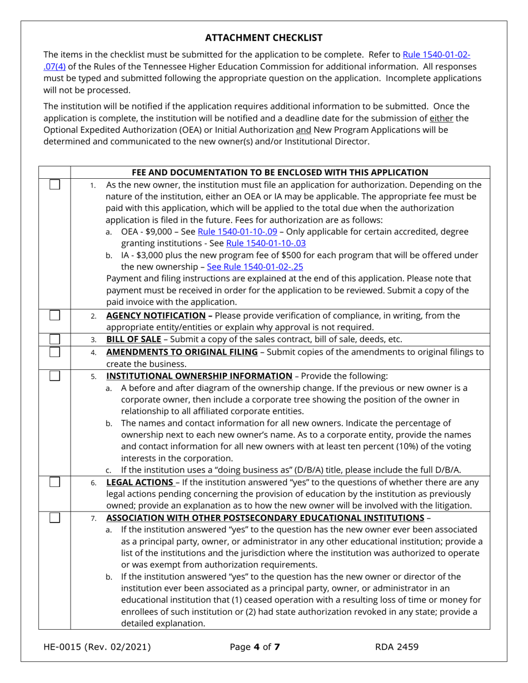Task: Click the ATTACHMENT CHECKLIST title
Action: pyautogui.click(x=263, y=38)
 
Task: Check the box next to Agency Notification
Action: pyautogui.click(x=54, y=315)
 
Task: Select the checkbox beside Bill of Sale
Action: pyautogui.click(x=54, y=339)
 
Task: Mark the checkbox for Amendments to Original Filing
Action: pyautogui.click(x=54, y=351)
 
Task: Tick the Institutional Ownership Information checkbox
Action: pyautogui.click(x=54, y=375)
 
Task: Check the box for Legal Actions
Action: pyautogui.click(x=54, y=482)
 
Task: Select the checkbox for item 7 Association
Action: pyautogui.click(x=54, y=518)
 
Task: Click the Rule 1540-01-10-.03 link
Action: pyautogui.click(x=266, y=243)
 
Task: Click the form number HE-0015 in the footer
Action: pyautogui.click(x=69, y=646)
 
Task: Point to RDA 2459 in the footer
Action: pyautogui.click(x=396, y=646)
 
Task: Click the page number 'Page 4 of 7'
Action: pyautogui.click(x=255, y=646)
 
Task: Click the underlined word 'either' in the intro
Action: pyautogui.click(x=439, y=118)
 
